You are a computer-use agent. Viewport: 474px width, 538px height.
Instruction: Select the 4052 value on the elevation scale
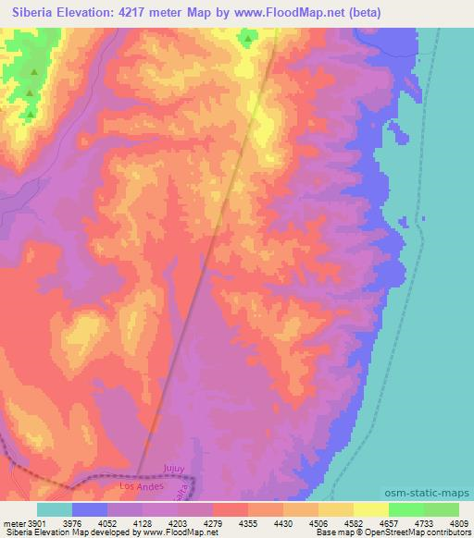[109, 523]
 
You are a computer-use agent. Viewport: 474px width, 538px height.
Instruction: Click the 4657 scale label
[389, 523]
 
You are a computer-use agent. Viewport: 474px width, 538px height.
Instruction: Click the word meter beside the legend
[13, 523]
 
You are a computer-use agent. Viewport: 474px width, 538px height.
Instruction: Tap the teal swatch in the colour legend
[55, 509]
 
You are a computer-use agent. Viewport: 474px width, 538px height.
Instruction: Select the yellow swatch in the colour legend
[371, 509]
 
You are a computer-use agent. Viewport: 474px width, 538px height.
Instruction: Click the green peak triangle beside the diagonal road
[247, 39]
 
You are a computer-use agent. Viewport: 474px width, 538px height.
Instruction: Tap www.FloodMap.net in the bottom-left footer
[177, 533]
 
